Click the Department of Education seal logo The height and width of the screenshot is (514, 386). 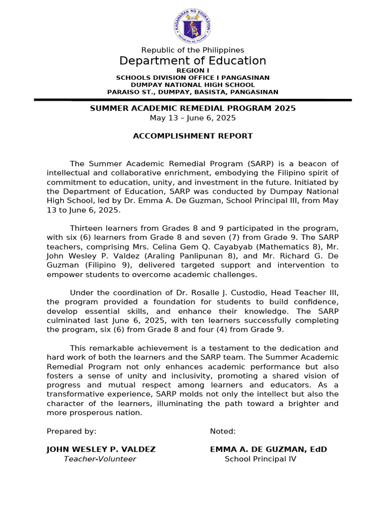(x=192, y=25)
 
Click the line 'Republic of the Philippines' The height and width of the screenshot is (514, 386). (x=192, y=50)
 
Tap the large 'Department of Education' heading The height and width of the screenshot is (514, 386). (x=192, y=61)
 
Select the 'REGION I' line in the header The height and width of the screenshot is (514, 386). (x=192, y=71)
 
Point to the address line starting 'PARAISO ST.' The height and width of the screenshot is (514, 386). (x=192, y=92)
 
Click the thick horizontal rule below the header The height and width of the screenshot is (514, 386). (x=192, y=100)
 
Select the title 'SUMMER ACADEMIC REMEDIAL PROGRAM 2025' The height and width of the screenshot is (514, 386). (x=192, y=108)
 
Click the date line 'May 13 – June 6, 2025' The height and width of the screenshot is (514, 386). (x=192, y=118)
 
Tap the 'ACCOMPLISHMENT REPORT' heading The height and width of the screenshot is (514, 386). (x=192, y=136)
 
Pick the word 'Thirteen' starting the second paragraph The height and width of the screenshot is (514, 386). (x=85, y=228)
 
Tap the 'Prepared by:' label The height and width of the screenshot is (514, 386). (x=71, y=431)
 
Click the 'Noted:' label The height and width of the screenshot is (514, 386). (x=223, y=431)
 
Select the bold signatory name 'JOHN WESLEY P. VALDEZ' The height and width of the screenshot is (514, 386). (x=101, y=449)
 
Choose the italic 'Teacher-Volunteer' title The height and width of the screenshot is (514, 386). (x=100, y=459)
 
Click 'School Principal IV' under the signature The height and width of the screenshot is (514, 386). (x=260, y=459)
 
